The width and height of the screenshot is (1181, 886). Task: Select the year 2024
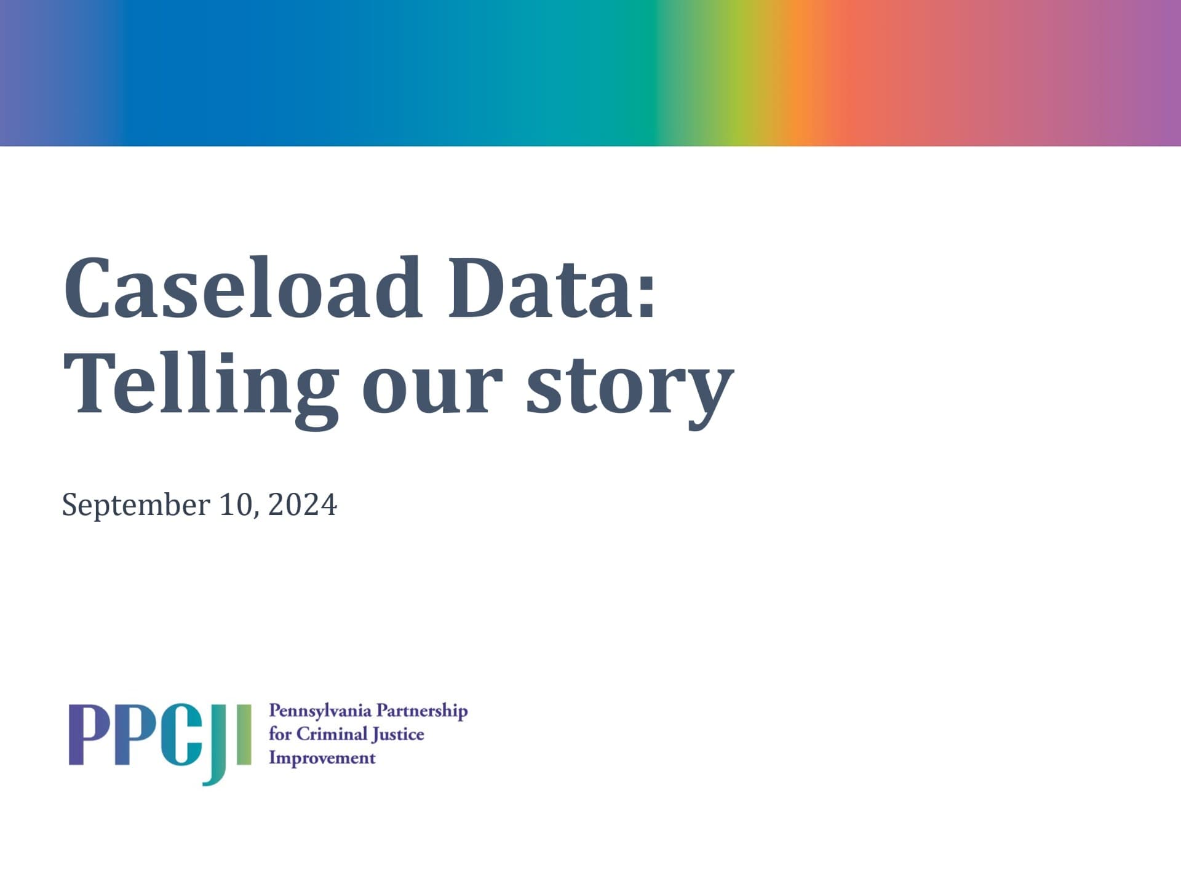click(x=303, y=505)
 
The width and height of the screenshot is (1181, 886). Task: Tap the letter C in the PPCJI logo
click(x=181, y=735)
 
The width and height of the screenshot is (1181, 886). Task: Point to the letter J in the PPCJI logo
click(x=218, y=744)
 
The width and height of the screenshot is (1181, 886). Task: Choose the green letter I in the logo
click(x=244, y=735)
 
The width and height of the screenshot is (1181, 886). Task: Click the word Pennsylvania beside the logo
click(x=320, y=711)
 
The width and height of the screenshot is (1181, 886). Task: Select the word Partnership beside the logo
click(x=422, y=711)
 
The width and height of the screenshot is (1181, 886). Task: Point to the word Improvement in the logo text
click(x=322, y=758)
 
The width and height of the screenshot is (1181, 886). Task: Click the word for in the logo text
click(x=280, y=734)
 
